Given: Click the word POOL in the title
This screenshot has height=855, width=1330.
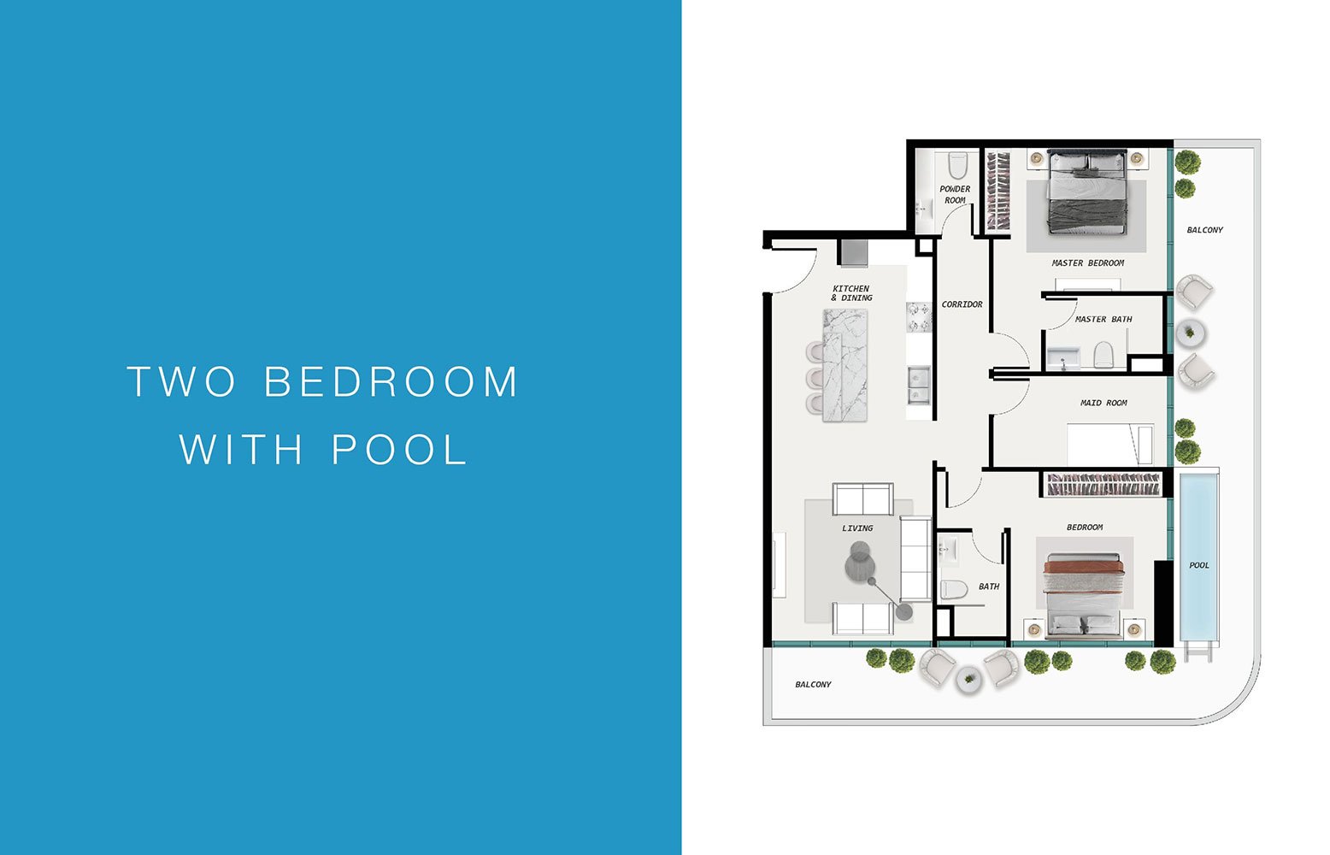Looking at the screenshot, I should [x=400, y=449].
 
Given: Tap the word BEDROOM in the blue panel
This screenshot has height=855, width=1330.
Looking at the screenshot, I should [x=391, y=381].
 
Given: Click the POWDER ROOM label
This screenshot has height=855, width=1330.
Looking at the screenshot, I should [x=955, y=195].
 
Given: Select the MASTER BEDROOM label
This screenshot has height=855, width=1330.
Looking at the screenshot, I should [x=1087, y=263].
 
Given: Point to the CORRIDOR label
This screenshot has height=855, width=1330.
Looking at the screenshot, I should [x=962, y=304].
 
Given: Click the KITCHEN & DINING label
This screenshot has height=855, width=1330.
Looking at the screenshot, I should [x=852, y=293].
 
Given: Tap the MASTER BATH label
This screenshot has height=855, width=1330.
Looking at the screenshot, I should [x=1103, y=320].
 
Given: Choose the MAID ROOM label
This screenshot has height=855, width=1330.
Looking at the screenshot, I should [x=1103, y=403].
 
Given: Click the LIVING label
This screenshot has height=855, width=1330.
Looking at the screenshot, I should [x=857, y=528].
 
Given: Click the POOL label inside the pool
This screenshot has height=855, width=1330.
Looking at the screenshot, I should [x=1198, y=565].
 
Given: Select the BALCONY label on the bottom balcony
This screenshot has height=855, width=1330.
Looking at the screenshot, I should [x=813, y=685].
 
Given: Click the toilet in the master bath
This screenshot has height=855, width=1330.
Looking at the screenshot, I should [x=1103, y=355].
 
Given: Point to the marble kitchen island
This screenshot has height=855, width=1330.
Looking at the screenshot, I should [x=844, y=365].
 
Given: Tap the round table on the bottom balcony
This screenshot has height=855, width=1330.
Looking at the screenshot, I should [x=968, y=681].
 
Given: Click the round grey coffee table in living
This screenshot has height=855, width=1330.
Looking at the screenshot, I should [x=859, y=565].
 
